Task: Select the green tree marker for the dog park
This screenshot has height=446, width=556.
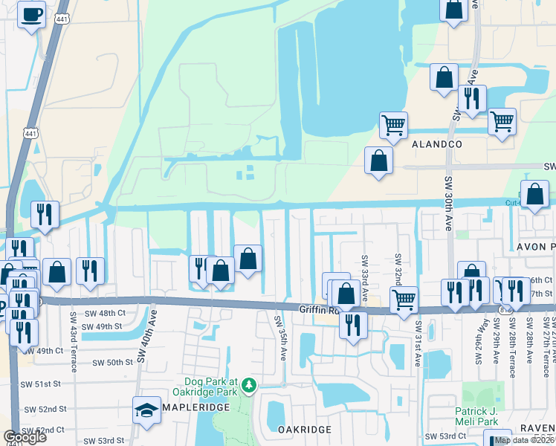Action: pyautogui.click(x=250, y=384)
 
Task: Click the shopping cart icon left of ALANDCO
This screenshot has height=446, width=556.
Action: pyautogui.click(x=393, y=124)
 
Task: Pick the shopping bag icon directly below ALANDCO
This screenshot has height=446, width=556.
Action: pyautogui.click(x=378, y=161)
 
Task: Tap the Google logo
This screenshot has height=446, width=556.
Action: pyautogui.click(x=25, y=437)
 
